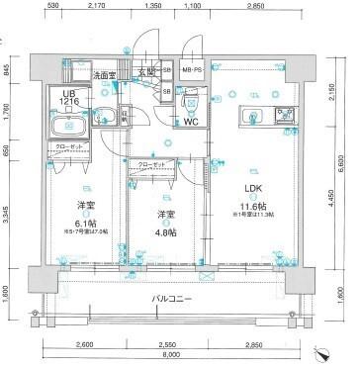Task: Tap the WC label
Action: [190, 124]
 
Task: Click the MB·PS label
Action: [194, 70]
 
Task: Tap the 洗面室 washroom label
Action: [105, 74]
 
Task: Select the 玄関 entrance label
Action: [148, 72]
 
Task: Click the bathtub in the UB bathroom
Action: [67, 125]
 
